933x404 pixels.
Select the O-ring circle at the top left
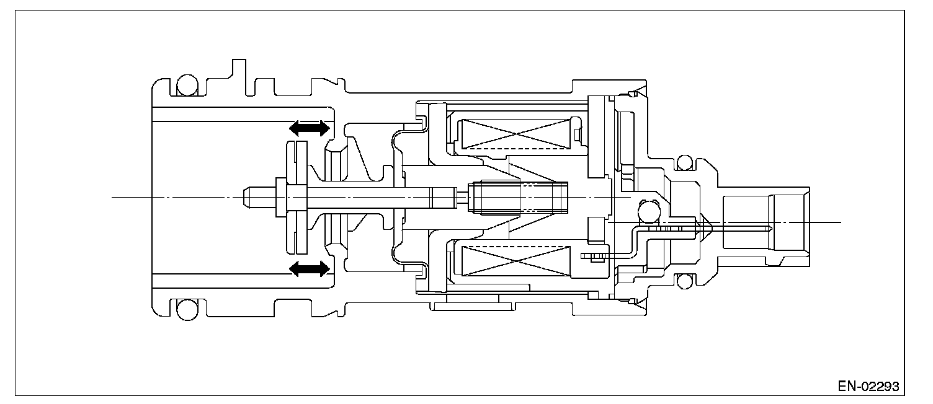(185, 86)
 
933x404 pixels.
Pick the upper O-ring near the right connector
(685, 163)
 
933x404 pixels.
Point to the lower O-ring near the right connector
(685, 282)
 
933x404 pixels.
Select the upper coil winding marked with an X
(517, 134)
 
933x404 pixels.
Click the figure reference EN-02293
(868, 386)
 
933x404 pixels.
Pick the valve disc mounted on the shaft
(297, 197)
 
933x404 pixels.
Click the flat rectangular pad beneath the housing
(473, 305)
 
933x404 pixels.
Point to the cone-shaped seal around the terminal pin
(705, 229)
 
